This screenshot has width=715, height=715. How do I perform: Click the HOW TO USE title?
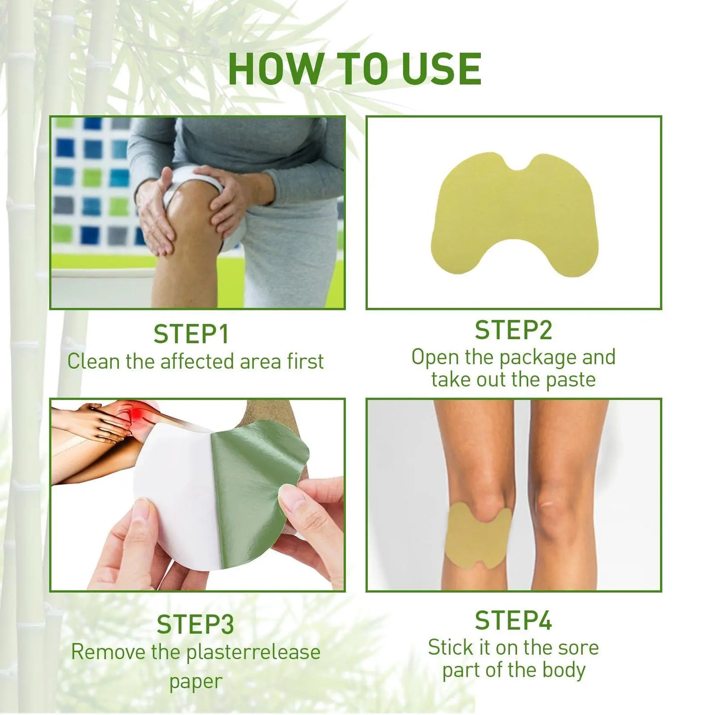(x=355, y=69)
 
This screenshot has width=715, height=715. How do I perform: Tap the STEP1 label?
(x=191, y=334)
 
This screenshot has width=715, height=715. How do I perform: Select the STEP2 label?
(x=513, y=330)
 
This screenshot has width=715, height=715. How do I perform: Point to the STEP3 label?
(x=195, y=624)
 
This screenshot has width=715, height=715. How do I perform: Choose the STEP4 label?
(x=513, y=620)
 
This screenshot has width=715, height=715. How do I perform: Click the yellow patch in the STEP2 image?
(x=515, y=213)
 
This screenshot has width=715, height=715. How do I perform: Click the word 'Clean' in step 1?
(x=94, y=361)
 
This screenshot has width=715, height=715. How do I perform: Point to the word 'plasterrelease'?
(x=253, y=652)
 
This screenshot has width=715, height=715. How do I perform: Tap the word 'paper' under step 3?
(x=195, y=681)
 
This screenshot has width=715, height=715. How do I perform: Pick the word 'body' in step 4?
(x=564, y=670)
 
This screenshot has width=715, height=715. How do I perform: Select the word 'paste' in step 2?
(x=571, y=380)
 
